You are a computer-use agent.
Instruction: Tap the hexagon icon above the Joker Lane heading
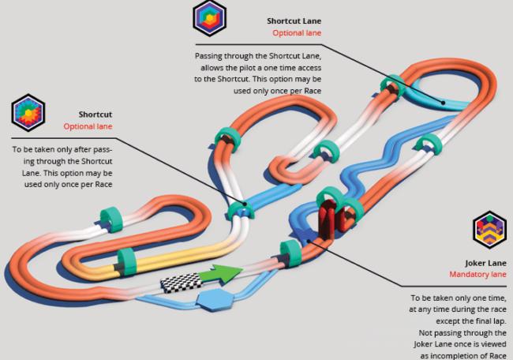coord(489,230)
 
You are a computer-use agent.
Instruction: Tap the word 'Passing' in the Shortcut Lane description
coord(212,57)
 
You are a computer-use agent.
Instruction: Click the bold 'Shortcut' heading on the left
coord(95,114)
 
